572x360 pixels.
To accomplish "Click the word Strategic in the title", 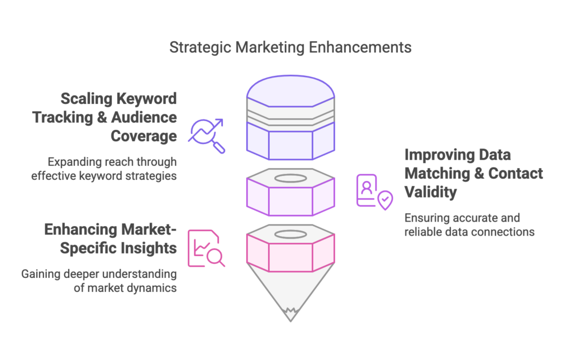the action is click(x=201, y=48).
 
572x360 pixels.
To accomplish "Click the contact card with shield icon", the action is click(x=375, y=192).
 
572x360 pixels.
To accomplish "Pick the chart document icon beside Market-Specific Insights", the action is click(x=207, y=248).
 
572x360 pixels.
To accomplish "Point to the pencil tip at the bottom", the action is click(x=290, y=315).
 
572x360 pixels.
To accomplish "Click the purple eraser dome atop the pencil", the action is click(x=290, y=91).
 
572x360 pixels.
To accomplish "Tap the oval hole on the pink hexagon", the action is click(x=290, y=234).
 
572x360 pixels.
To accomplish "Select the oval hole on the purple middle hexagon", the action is click(x=290, y=178).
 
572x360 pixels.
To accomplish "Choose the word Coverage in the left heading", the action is click(x=144, y=136).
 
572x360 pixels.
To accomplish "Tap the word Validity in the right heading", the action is click(x=431, y=193).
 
